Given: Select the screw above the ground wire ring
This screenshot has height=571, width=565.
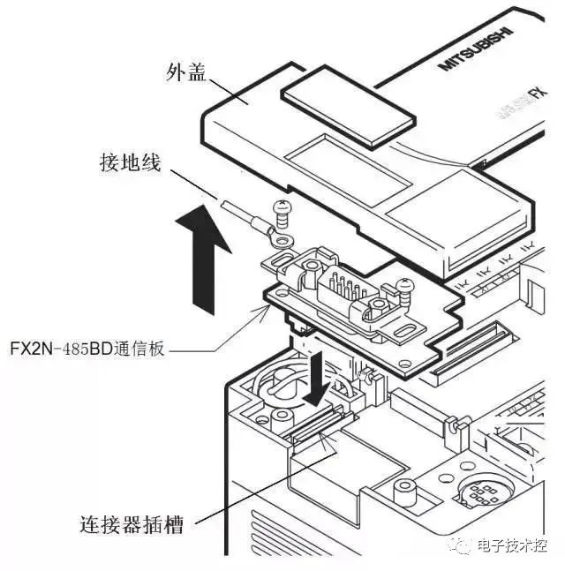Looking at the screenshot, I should click(x=282, y=209).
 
